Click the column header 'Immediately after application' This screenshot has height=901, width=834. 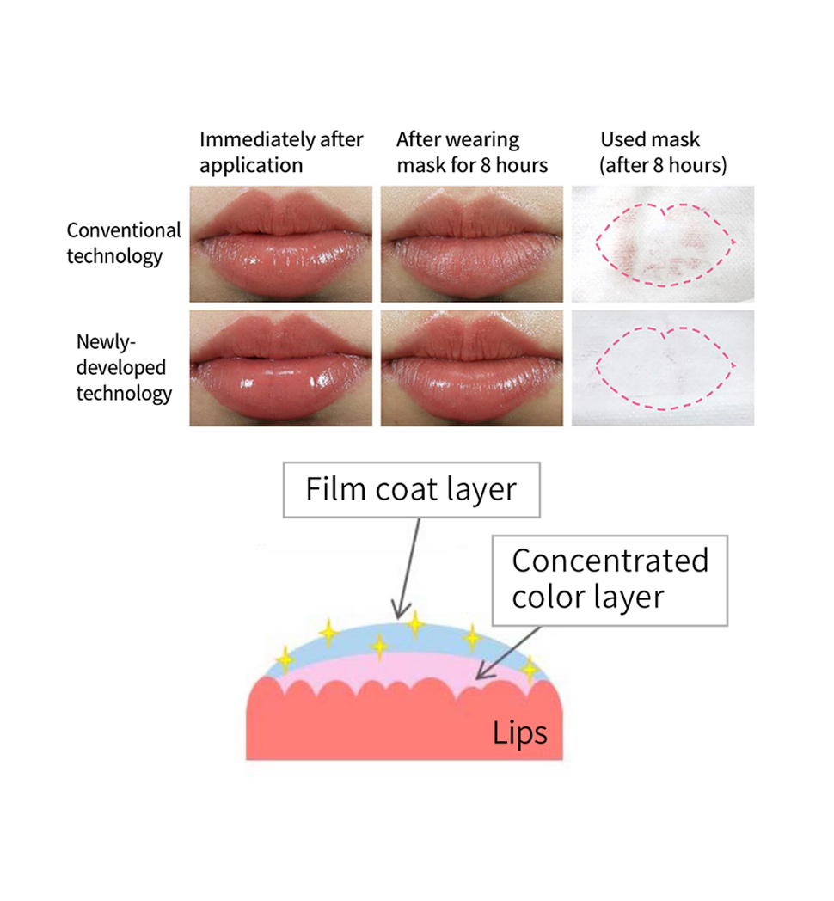[280, 151]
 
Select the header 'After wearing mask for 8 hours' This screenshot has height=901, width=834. [471, 151]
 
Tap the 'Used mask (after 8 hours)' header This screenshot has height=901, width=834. [662, 151]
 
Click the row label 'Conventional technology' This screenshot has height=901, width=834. [124, 243]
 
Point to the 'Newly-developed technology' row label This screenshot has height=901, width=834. [124, 367]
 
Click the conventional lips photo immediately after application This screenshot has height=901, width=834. [280, 243]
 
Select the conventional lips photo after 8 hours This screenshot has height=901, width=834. [471, 243]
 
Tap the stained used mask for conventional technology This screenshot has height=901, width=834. [663, 243]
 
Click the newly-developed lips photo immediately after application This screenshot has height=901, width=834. [280, 367]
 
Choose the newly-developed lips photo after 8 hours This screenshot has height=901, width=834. [471, 367]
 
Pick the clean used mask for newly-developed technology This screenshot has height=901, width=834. [663, 367]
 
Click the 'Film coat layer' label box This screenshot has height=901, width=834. [411, 490]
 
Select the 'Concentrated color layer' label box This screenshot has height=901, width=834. [610, 579]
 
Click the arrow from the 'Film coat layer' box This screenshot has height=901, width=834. [408, 567]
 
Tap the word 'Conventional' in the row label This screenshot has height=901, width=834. [124, 230]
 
